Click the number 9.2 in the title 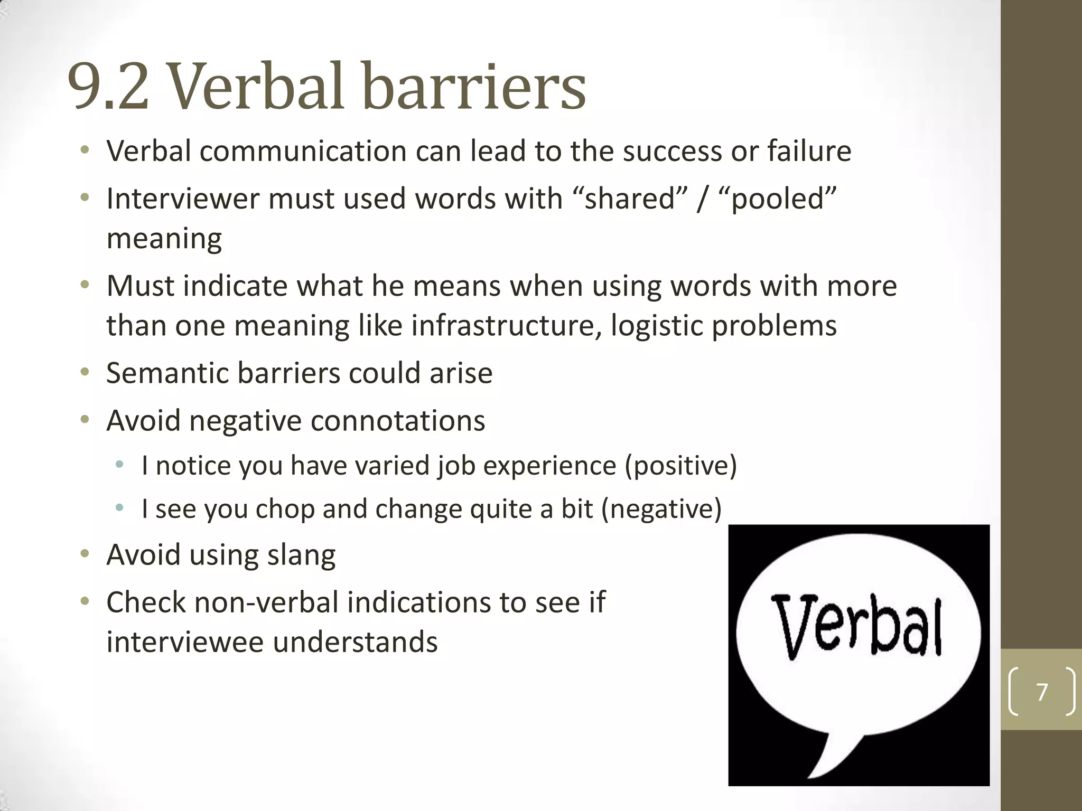click(x=108, y=87)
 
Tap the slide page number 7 click(x=1042, y=692)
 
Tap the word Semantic click(x=167, y=373)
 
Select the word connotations click(x=398, y=421)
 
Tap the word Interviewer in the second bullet click(x=183, y=199)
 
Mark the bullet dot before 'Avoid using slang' click(x=85, y=554)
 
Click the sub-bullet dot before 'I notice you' click(x=120, y=465)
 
